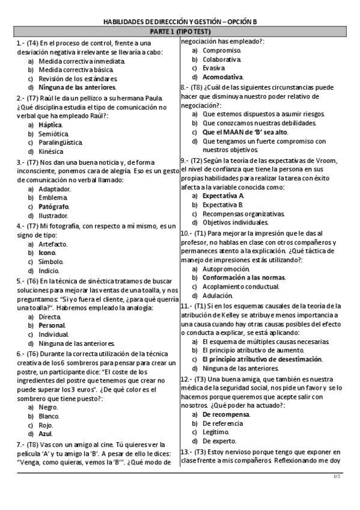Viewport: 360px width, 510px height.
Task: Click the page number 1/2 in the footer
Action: (x=337, y=476)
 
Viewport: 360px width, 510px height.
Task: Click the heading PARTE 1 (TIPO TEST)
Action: (x=179, y=32)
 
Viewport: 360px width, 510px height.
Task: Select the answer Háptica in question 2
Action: (x=50, y=124)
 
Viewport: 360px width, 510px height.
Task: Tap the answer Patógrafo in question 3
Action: (x=53, y=206)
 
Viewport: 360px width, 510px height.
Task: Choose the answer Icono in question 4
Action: (x=47, y=253)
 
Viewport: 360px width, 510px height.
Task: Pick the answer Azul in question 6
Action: (x=46, y=433)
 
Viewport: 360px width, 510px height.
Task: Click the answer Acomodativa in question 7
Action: (x=222, y=77)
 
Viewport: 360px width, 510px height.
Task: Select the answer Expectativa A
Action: (x=223, y=195)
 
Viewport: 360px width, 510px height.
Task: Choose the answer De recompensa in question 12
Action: (x=225, y=414)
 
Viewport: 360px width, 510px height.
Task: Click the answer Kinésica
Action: (x=52, y=152)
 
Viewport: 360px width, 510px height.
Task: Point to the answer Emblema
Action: (x=53, y=197)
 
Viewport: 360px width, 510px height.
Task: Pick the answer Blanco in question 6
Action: (x=49, y=416)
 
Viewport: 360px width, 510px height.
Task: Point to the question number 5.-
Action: (x=20, y=280)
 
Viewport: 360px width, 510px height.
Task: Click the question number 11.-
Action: (x=186, y=306)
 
